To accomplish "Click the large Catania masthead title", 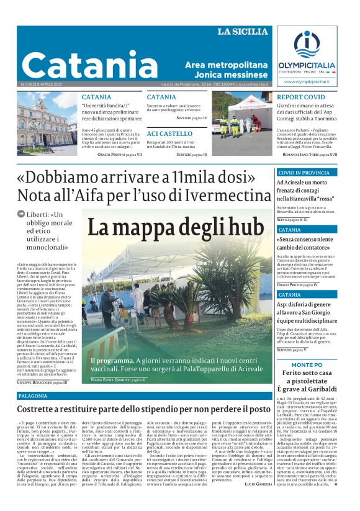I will pos(90,64).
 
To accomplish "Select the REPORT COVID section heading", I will pos(300,97).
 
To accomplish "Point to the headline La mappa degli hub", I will pos(176,227).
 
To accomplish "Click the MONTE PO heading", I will pos(307,364).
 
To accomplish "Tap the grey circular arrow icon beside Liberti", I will pos(22,215).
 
